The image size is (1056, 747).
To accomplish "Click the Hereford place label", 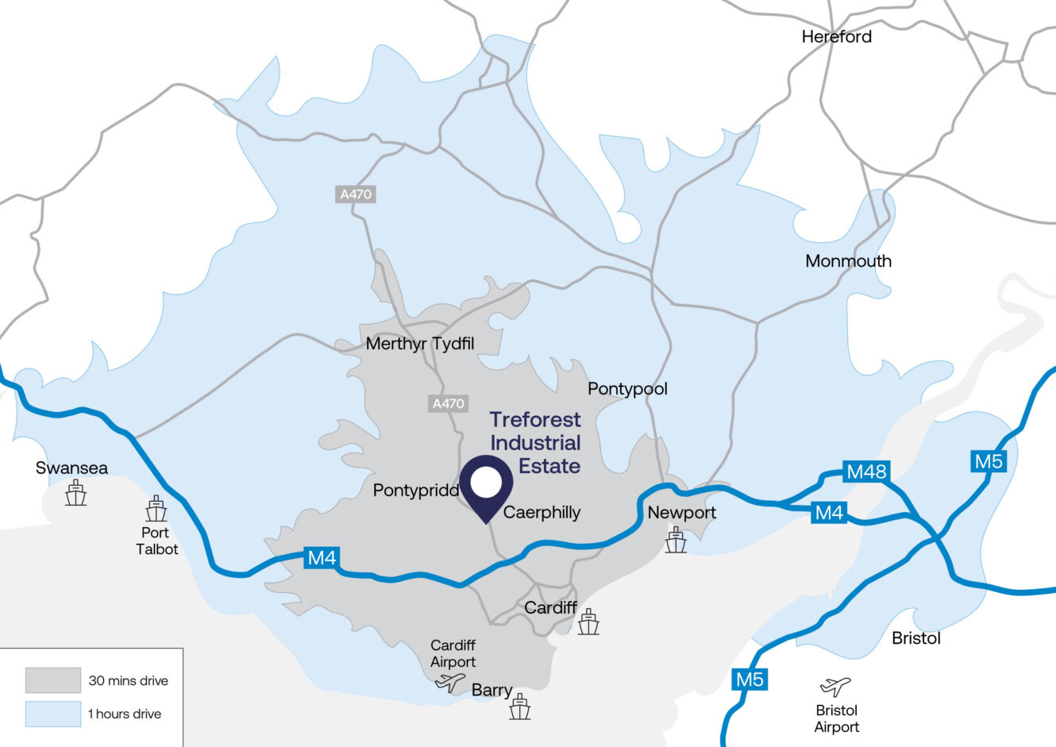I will (x=836, y=37).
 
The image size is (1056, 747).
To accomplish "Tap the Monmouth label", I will (x=848, y=261).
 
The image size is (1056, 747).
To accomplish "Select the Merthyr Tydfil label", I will (x=420, y=344).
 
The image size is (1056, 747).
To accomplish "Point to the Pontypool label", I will (x=627, y=389).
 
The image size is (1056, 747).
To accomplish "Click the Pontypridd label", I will (x=416, y=491).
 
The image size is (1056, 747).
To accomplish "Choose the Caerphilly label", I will (x=541, y=513).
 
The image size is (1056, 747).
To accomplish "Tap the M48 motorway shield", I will (x=866, y=472).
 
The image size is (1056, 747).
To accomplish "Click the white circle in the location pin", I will (x=486, y=482).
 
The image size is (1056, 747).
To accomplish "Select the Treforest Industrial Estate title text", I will (x=535, y=443).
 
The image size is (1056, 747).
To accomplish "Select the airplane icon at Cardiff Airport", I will (x=450, y=681).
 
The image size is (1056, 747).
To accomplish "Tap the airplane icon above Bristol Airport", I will (x=835, y=686).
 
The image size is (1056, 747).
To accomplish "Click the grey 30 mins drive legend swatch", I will (x=53, y=680).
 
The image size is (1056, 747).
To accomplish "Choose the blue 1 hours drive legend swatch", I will (x=53, y=714).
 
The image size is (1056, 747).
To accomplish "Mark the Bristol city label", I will (x=915, y=638).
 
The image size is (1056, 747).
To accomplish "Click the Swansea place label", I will (x=71, y=468).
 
